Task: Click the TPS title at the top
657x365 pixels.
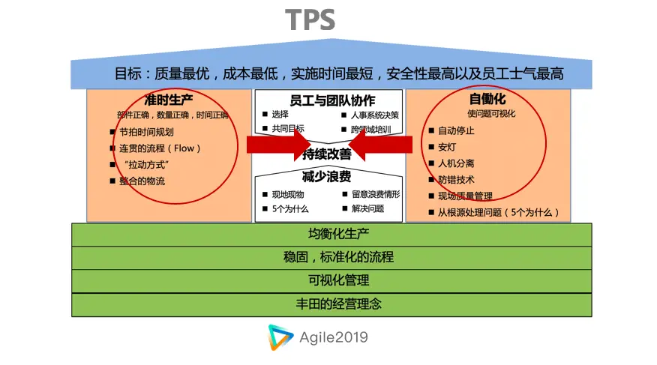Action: [310, 20]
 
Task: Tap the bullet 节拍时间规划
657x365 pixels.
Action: [146, 132]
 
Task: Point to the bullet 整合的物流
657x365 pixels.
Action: [142, 181]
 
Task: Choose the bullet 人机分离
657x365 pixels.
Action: [456, 163]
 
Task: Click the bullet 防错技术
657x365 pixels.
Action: [456, 180]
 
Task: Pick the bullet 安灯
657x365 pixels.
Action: [447, 147]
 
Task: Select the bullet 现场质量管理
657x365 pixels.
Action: [465, 196]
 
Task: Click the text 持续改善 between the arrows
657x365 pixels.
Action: [327, 154]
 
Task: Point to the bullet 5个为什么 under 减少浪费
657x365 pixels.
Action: [290, 209]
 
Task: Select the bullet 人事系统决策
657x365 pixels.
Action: [375, 115]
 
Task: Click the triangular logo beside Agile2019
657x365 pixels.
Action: [281, 338]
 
